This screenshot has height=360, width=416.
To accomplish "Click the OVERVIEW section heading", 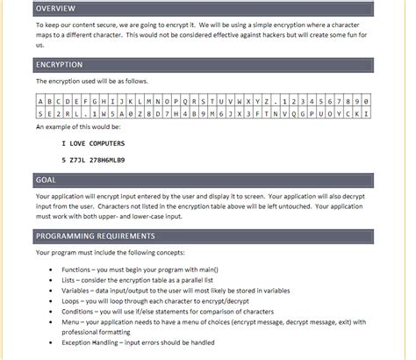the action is point(55,9).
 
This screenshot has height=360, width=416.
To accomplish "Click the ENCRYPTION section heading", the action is point(59,65).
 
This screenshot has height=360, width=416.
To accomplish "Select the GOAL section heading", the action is point(46,180).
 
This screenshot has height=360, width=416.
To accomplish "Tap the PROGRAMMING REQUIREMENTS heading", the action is point(95,235).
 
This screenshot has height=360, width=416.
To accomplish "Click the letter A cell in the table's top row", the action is point(40,101).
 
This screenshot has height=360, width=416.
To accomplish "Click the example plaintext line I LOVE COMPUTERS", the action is point(93,143).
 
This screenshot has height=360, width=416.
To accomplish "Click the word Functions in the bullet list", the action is point(78,269).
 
